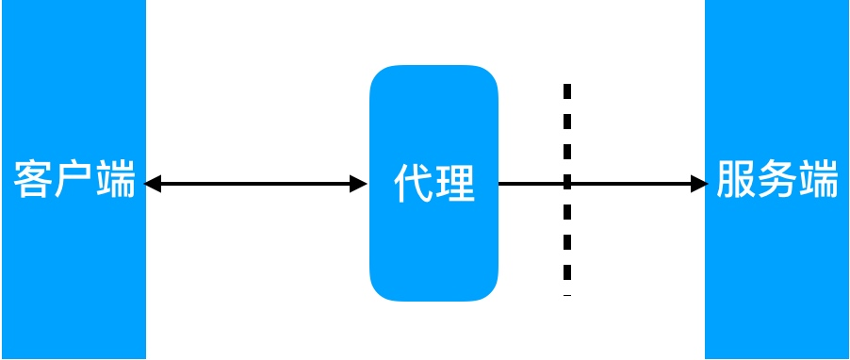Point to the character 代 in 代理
pyautogui.click(x=414, y=183)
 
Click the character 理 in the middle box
pyautogui.click(x=455, y=183)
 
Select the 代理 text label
pyautogui.click(x=434, y=183)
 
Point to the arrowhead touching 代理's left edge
pyautogui.click(x=359, y=184)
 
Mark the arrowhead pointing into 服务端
pyautogui.click(x=698, y=184)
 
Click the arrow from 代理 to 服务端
pyautogui.click(x=622, y=184)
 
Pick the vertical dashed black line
pyautogui.click(x=567, y=236)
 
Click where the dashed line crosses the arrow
pyautogui.click(x=567, y=184)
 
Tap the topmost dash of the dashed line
pyautogui.click(x=567, y=91)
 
